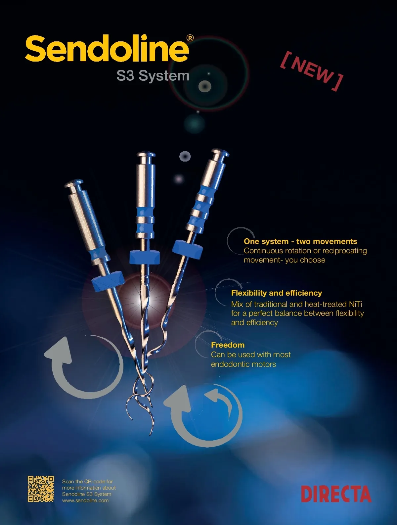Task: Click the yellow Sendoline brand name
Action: (x=107, y=49)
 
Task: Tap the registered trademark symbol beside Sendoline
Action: (x=190, y=38)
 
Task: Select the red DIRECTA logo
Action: (x=336, y=494)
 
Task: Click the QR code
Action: (x=41, y=489)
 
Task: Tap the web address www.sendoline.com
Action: (x=85, y=501)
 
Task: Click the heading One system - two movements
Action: (x=300, y=241)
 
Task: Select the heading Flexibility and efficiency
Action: (x=277, y=293)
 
